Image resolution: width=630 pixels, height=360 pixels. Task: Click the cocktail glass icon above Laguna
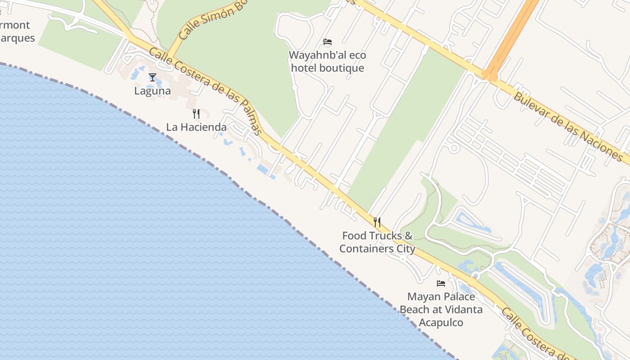[x=153, y=77]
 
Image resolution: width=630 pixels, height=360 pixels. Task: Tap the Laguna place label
[x=153, y=91]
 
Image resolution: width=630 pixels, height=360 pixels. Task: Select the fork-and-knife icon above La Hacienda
[x=196, y=113]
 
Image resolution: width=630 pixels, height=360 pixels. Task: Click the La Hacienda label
[x=196, y=127]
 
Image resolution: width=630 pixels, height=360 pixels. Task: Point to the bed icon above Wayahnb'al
[x=328, y=42]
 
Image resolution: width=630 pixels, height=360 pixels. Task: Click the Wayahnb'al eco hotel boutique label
[x=327, y=62]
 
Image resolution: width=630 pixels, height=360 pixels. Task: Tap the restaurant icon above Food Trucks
[x=377, y=222]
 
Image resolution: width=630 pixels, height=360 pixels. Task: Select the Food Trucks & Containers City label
[x=377, y=242]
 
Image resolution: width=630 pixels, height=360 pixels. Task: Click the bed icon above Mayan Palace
[x=441, y=283]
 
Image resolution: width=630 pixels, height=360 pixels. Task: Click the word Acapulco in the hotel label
[x=441, y=323]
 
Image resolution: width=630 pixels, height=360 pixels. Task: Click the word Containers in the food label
[x=366, y=249]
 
